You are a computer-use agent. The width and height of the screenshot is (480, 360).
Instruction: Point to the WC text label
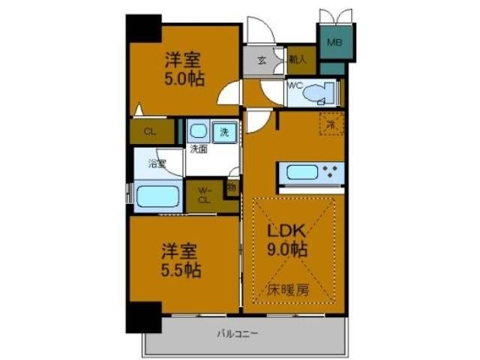[x=294, y=85]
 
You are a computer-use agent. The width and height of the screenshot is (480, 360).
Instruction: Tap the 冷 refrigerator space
[x=331, y=123]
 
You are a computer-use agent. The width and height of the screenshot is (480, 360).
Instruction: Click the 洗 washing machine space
[x=224, y=132]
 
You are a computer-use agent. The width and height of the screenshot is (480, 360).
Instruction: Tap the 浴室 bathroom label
[x=157, y=163]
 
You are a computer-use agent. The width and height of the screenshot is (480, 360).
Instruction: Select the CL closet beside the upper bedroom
[x=150, y=132]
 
